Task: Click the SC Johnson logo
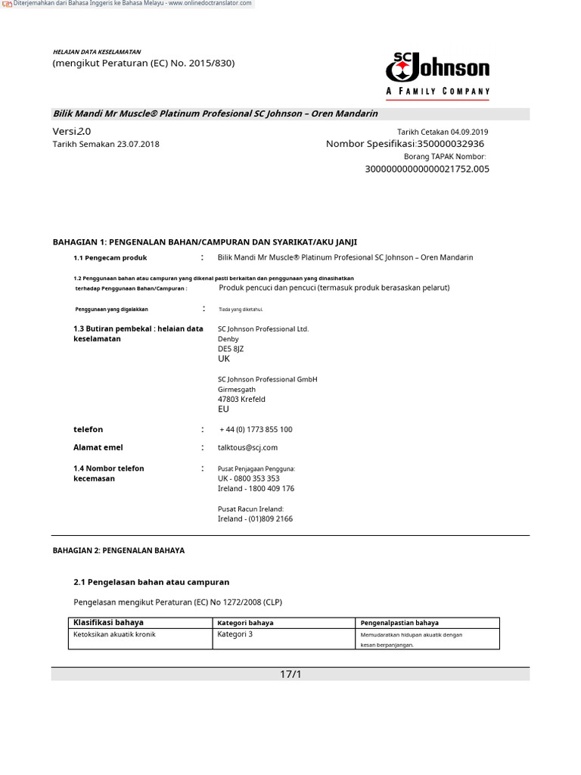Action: coord(437,74)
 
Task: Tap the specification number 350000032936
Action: coord(451,144)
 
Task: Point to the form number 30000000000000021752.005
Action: coord(427,169)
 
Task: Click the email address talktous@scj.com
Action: coord(247,448)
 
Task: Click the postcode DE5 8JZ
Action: coord(231,349)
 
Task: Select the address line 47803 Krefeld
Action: coord(241,399)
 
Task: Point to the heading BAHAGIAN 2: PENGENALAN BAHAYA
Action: coord(118,550)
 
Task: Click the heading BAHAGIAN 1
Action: coord(204,242)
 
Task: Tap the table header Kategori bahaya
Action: coord(245,623)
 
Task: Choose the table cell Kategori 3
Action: coord(235,634)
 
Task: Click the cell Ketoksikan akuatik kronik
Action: coord(114,634)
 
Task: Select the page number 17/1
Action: coord(290,674)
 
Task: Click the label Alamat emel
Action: coord(98,447)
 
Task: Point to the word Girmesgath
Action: coord(237,389)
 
